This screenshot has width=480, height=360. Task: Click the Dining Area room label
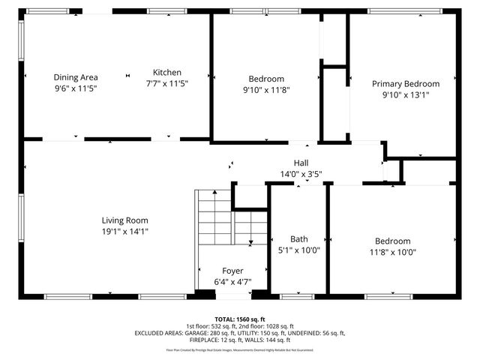tap(76, 77)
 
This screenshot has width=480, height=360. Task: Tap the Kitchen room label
tap(167, 73)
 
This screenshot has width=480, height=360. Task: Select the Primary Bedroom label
tap(406, 84)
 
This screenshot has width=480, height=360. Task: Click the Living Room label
tap(125, 220)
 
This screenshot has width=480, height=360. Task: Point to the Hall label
tap(301, 163)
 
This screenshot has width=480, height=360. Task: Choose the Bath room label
tap(299, 239)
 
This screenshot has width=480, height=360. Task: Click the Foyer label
tap(232, 271)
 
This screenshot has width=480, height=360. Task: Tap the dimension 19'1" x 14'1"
tap(125, 232)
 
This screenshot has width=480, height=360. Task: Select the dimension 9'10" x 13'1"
tap(406, 95)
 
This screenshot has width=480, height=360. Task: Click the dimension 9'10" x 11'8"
tap(266, 90)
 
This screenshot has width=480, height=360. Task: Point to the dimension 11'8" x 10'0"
tap(393, 252)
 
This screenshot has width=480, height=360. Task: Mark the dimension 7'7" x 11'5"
tap(167, 84)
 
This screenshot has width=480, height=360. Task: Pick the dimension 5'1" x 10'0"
tap(299, 250)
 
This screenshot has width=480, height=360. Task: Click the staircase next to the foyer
tap(217, 217)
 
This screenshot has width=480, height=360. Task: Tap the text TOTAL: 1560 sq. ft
tap(240, 319)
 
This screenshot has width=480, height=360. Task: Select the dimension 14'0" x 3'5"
tap(301, 174)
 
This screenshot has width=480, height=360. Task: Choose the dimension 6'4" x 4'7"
tap(232, 282)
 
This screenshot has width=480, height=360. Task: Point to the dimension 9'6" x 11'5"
tap(76, 88)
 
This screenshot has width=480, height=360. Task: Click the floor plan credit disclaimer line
tap(240, 350)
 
